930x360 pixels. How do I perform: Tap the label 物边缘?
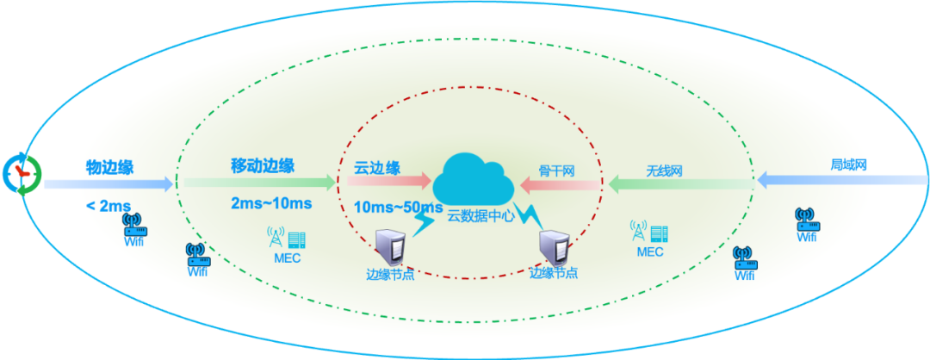coord(109,167)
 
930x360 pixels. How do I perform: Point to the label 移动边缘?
coord(263,165)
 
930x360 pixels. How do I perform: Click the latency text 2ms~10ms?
coord(271,204)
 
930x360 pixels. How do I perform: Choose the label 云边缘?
coord(377,167)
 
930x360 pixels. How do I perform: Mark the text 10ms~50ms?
coord(398,208)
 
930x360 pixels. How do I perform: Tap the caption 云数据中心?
coord(480,216)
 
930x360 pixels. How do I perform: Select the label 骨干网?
coord(556,170)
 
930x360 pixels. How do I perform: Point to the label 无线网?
coord(664,170)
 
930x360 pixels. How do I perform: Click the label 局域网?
coord(847,164)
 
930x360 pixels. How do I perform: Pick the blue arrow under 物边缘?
coord(108,183)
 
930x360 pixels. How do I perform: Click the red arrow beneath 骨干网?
coord(560,183)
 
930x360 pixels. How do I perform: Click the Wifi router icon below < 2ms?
coord(133,226)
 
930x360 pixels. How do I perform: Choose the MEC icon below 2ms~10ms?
coord(286,237)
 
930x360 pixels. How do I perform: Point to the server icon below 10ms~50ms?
coord(388,248)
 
